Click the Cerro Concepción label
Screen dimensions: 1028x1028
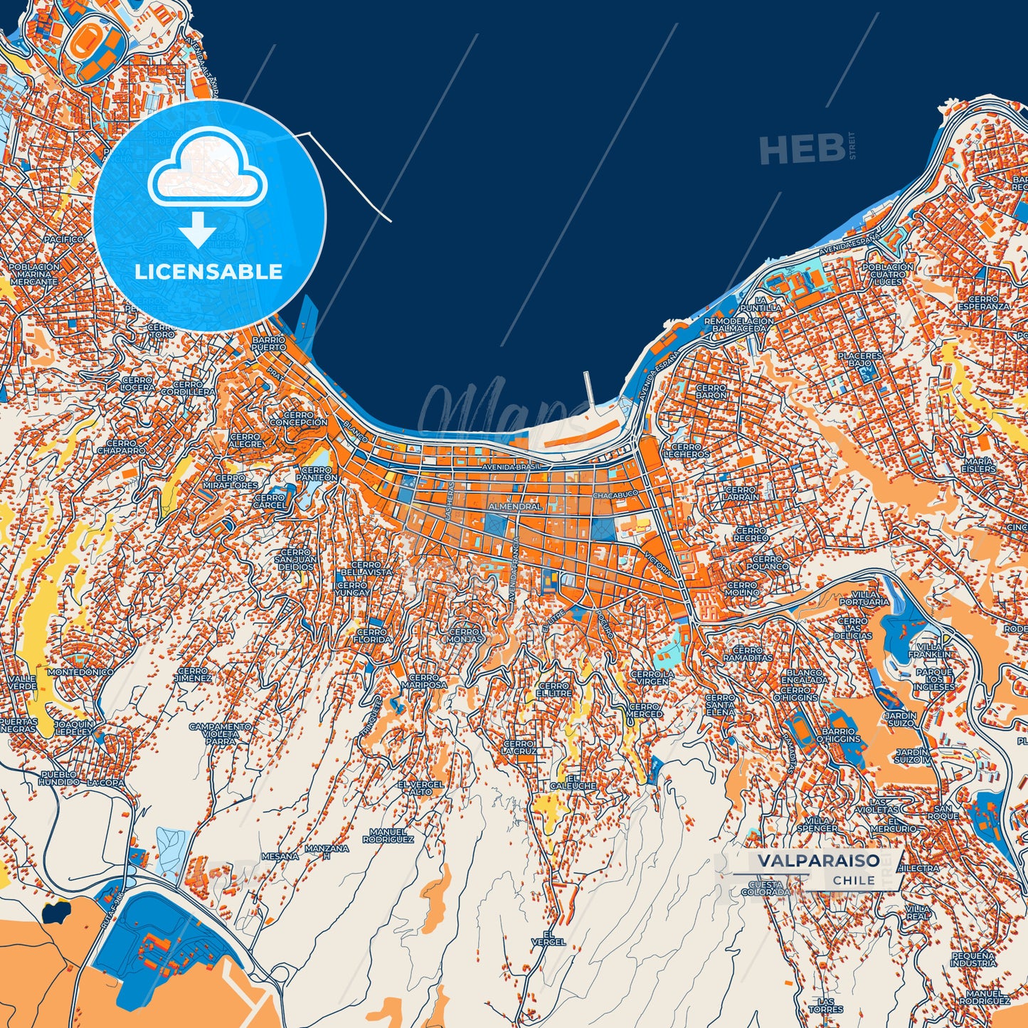click(299, 418)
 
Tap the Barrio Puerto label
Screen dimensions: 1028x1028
click(268, 344)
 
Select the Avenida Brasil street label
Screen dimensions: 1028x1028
click(511, 467)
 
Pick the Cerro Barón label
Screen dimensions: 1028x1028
click(711, 391)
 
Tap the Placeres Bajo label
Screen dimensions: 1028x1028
click(859, 359)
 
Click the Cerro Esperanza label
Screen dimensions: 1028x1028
click(983, 303)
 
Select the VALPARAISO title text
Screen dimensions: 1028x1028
click(818, 860)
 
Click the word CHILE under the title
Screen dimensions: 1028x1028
click(854, 880)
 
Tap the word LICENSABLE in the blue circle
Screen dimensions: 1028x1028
click(208, 272)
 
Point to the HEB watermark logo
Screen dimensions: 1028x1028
click(801, 149)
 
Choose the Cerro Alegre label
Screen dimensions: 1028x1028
click(245, 440)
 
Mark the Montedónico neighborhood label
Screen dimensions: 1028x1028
click(80, 672)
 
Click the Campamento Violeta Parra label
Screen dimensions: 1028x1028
click(220, 733)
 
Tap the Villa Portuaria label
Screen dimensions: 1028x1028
click(864, 598)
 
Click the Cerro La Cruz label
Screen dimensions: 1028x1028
click(518, 747)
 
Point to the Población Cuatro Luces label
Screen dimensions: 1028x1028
click(887, 274)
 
